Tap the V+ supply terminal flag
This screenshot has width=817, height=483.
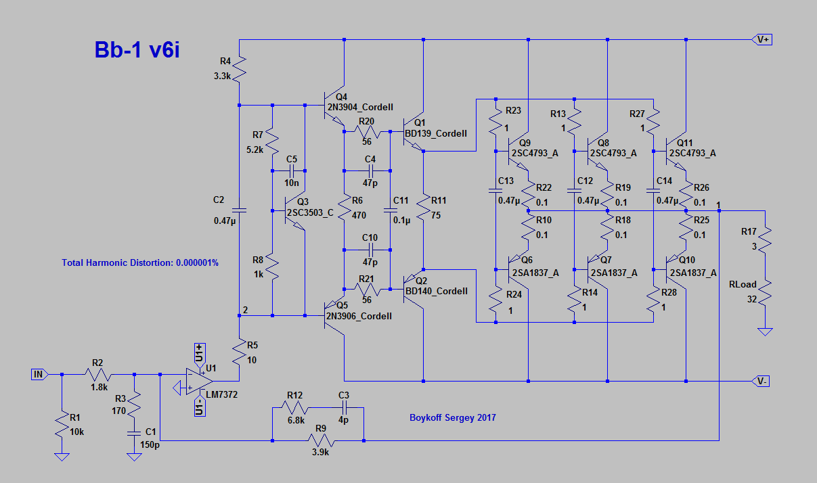(x=763, y=40)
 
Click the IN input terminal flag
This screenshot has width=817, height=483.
(x=39, y=373)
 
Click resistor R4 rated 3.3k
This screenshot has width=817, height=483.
(x=240, y=68)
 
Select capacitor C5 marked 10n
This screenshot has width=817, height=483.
(x=292, y=170)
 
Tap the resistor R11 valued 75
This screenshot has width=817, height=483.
(x=423, y=210)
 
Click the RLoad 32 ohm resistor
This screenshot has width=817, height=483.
(x=765, y=294)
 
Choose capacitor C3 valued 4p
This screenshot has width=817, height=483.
(x=344, y=408)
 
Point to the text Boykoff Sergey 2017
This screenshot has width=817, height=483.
(x=452, y=417)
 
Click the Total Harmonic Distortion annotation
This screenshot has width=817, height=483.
(x=140, y=262)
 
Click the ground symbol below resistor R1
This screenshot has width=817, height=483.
(x=62, y=457)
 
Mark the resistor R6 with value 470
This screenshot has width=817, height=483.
(x=344, y=210)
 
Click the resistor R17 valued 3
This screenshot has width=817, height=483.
(x=765, y=239)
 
